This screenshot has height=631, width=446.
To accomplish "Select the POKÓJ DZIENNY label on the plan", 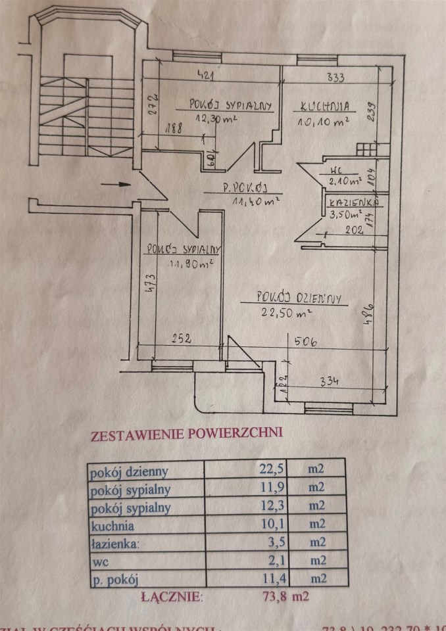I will click(292, 298).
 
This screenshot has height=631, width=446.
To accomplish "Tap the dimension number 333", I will click(335, 78).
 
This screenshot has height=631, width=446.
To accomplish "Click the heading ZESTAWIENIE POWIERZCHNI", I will click(186, 434).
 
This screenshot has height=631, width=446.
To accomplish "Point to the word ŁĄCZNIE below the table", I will click(173, 597).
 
